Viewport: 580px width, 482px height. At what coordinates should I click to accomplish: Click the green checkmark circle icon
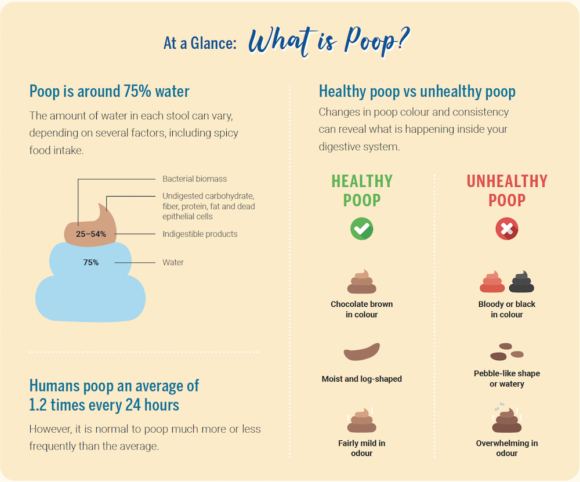[x=362, y=229]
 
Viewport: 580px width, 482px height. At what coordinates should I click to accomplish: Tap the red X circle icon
[x=506, y=229]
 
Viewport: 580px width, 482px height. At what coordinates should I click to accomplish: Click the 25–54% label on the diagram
[x=91, y=234]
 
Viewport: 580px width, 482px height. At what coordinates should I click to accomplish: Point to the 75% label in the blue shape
[x=91, y=262]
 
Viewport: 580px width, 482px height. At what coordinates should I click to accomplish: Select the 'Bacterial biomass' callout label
[x=194, y=179]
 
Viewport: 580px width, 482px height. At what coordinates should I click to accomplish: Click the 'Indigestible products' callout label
[x=200, y=234]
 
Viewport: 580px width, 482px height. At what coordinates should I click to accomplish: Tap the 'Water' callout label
[x=173, y=262]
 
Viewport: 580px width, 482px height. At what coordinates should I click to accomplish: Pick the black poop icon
[x=521, y=281]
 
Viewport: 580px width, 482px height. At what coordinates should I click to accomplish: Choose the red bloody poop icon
[x=492, y=281]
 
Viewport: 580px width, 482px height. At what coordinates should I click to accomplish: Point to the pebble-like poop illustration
[x=506, y=351]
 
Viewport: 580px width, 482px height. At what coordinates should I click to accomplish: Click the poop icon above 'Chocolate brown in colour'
[x=362, y=282]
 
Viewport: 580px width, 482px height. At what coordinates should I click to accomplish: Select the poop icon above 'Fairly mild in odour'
[x=362, y=421]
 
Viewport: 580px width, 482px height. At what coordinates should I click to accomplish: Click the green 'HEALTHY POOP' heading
[x=362, y=190]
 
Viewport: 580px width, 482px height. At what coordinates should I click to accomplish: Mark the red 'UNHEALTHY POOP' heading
[x=507, y=190]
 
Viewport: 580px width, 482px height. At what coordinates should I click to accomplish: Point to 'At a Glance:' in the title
[x=200, y=44]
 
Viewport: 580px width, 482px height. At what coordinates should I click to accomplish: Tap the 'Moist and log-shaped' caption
[x=362, y=379]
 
